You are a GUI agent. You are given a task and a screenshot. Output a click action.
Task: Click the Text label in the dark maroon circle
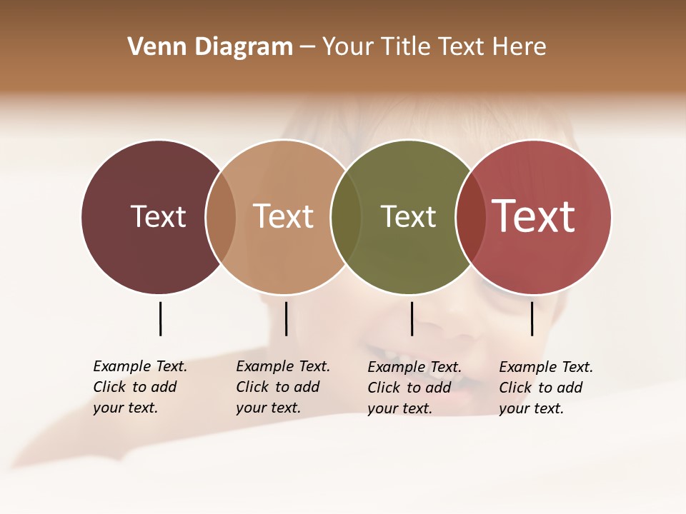tap(158, 216)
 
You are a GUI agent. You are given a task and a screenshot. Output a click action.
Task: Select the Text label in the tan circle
tap(284, 216)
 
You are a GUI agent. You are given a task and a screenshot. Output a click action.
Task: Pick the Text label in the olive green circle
tap(408, 216)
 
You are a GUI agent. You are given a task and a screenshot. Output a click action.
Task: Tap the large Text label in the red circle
tap(534, 216)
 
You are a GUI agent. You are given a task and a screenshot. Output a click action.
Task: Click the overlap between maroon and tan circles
tap(221, 216)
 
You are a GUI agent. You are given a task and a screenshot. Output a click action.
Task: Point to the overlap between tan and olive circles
tap(346, 216)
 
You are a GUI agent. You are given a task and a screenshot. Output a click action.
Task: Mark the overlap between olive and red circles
tap(471, 216)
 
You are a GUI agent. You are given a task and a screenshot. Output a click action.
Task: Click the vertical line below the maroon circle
tap(160, 318)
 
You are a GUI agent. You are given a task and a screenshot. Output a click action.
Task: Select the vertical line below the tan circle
tap(286, 318)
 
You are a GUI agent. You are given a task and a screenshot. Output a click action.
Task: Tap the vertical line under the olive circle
tap(412, 318)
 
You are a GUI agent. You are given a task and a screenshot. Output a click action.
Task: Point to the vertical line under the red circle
tap(532, 318)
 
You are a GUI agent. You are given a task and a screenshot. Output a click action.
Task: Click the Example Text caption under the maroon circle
tap(140, 387)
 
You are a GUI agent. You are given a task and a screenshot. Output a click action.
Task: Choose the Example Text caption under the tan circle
tap(283, 387)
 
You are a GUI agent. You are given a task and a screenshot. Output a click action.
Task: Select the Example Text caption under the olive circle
tap(414, 388)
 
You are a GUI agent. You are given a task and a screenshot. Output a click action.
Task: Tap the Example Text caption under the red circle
tap(546, 388)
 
